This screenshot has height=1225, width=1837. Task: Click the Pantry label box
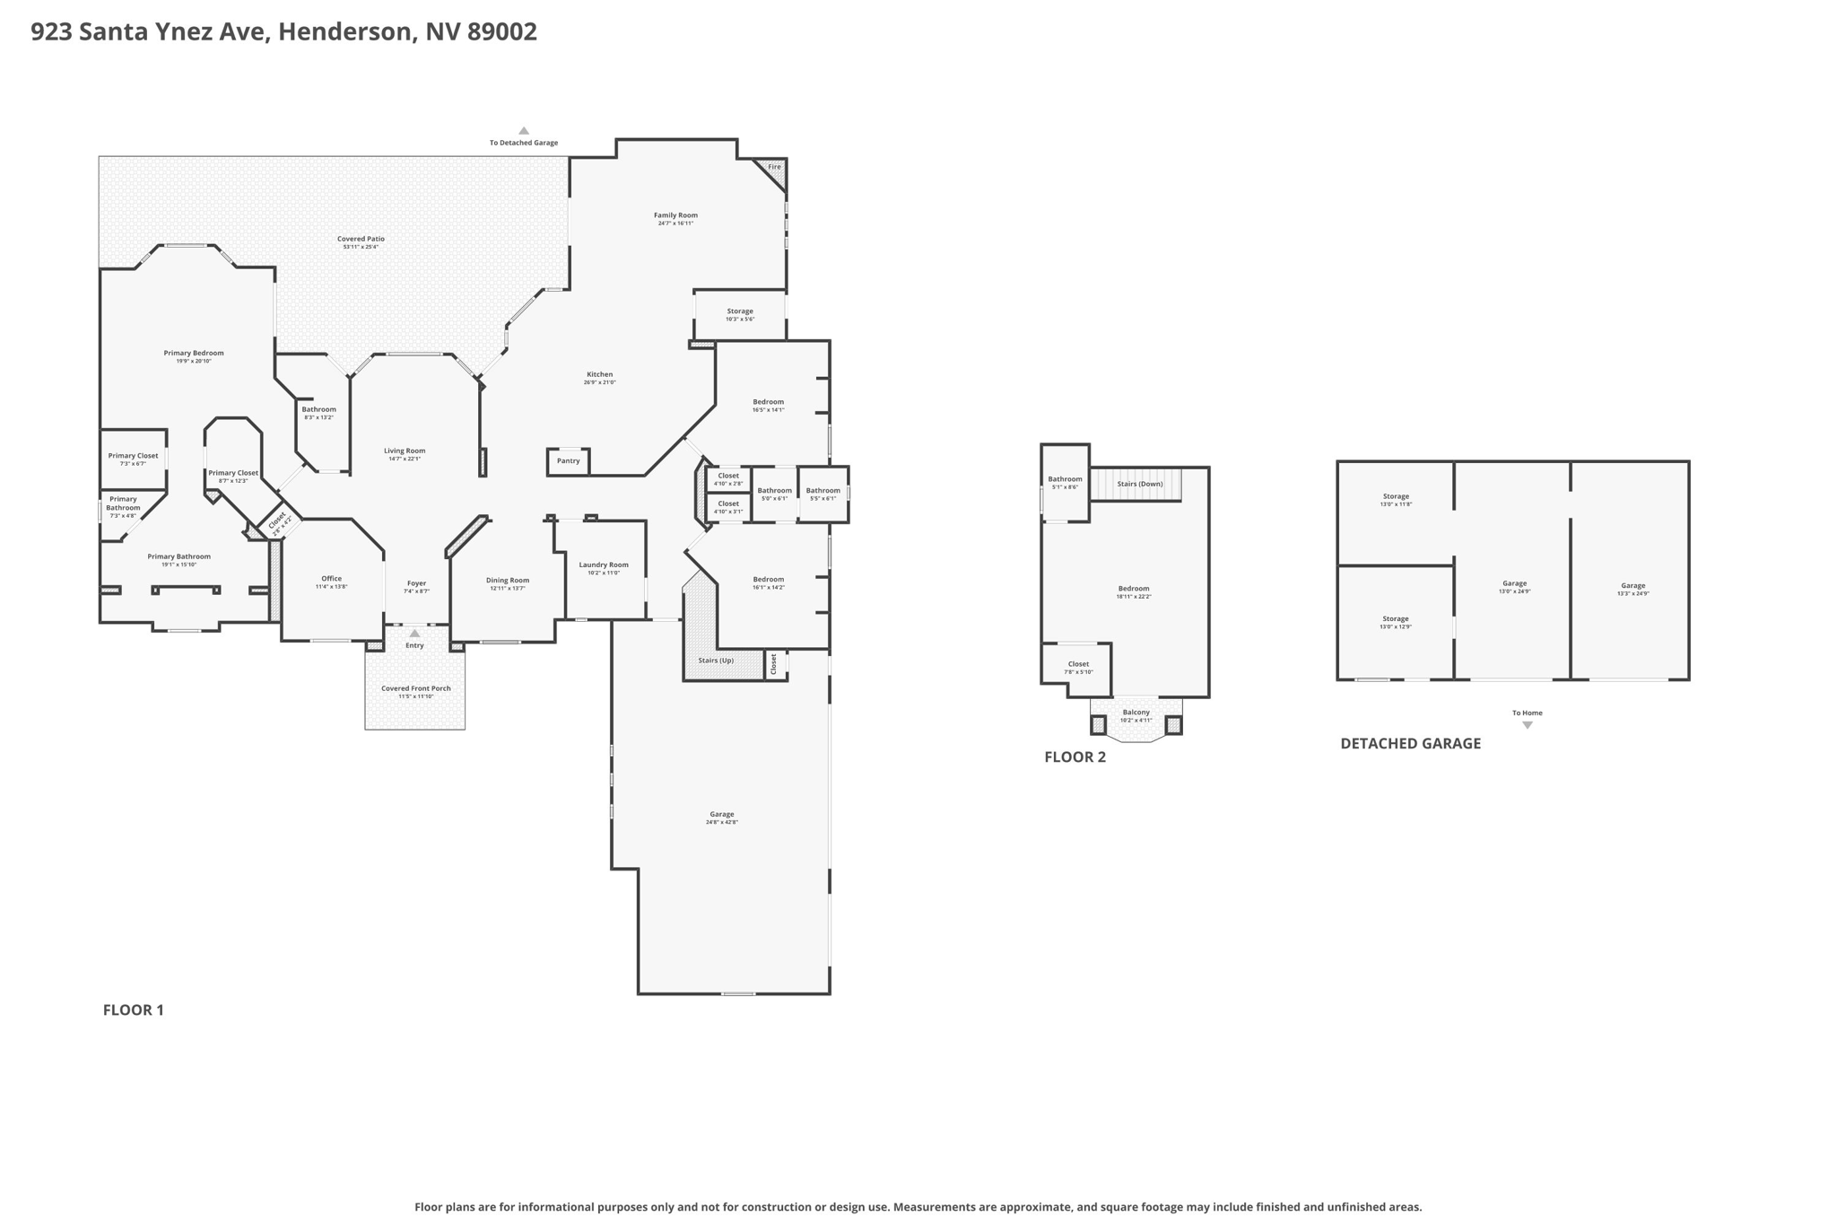coord(568,461)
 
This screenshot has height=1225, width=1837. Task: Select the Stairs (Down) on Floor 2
coord(1139,485)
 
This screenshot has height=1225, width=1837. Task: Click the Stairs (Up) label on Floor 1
coord(716,661)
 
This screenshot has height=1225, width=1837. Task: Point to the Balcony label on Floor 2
coord(1136,713)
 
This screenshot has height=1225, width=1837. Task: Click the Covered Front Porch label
coord(415,688)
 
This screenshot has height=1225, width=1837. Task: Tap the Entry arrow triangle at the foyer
coord(414,634)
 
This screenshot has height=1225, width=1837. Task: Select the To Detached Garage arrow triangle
coord(524,131)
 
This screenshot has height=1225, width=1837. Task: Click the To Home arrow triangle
coord(1527,725)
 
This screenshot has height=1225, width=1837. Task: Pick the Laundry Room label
coord(604,565)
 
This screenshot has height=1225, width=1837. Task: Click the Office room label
coord(331,579)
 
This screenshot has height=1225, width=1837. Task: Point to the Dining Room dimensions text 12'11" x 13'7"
coord(508,589)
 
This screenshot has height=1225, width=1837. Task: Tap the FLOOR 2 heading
coord(1075,757)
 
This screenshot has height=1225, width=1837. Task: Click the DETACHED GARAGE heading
coord(1410,744)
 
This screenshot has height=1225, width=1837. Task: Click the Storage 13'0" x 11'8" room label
coord(1396,497)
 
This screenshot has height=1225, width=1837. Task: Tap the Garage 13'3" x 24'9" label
coord(1632,586)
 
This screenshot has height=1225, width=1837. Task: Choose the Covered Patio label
coord(361,240)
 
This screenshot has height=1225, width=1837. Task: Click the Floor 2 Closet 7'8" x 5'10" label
coord(1078,665)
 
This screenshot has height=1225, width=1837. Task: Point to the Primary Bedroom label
coord(194,354)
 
